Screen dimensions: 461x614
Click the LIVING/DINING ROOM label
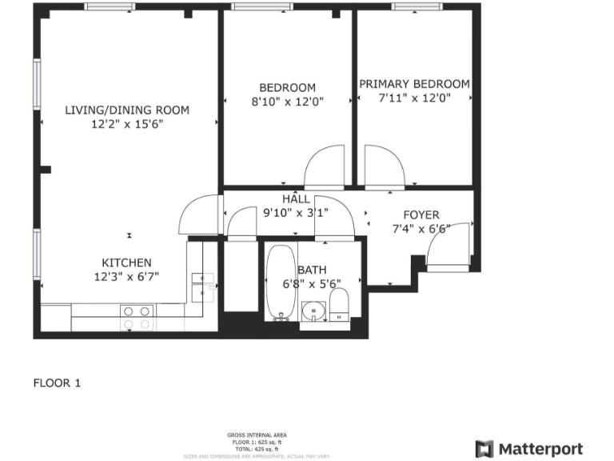(x=127, y=110)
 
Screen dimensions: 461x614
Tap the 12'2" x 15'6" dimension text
(x=127, y=124)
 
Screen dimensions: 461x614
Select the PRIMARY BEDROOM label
(x=414, y=84)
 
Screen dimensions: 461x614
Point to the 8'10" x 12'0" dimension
(x=287, y=102)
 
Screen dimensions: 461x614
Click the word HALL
(x=295, y=198)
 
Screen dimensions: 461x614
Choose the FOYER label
(x=421, y=214)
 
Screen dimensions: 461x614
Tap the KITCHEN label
(x=126, y=263)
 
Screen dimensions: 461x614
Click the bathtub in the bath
(x=280, y=282)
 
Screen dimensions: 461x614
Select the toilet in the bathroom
(x=340, y=305)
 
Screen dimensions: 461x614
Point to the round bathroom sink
(x=313, y=311)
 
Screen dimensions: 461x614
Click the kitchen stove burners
(x=136, y=318)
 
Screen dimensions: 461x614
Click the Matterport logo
(x=529, y=449)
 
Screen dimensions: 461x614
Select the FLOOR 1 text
(x=57, y=383)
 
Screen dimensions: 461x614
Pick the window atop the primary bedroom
(x=415, y=7)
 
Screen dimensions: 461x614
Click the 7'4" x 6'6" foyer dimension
(x=421, y=229)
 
